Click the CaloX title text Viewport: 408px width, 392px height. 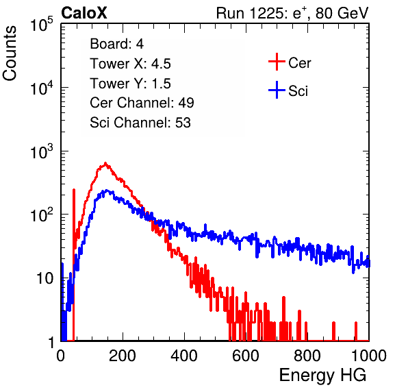[x=84, y=13]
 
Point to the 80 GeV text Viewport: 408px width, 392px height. [x=342, y=13]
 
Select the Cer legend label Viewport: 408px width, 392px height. [x=300, y=63]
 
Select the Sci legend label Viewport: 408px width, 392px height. [x=298, y=91]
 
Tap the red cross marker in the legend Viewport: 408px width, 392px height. [x=277, y=62]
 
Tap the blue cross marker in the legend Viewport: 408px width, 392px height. [x=277, y=90]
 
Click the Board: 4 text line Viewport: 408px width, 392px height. [x=117, y=44]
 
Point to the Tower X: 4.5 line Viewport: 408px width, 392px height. [x=130, y=64]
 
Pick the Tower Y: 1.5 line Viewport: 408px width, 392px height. [x=130, y=84]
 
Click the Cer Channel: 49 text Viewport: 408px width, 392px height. [x=142, y=103]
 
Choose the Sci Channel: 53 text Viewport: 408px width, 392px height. [x=140, y=123]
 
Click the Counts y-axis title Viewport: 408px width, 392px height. [x=10, y=53]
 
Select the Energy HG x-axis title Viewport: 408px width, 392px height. [x=322, y=376]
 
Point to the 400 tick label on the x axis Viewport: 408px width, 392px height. [x=184, y=356]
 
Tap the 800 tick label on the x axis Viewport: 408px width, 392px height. [x=307, y=356]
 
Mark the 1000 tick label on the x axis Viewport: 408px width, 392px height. [x=369, y=356]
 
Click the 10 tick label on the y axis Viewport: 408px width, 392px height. [x=45, y=278]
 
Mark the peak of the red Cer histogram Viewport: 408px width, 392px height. [x=105, y=163]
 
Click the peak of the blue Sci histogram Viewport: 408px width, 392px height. [x=106, y=190]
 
